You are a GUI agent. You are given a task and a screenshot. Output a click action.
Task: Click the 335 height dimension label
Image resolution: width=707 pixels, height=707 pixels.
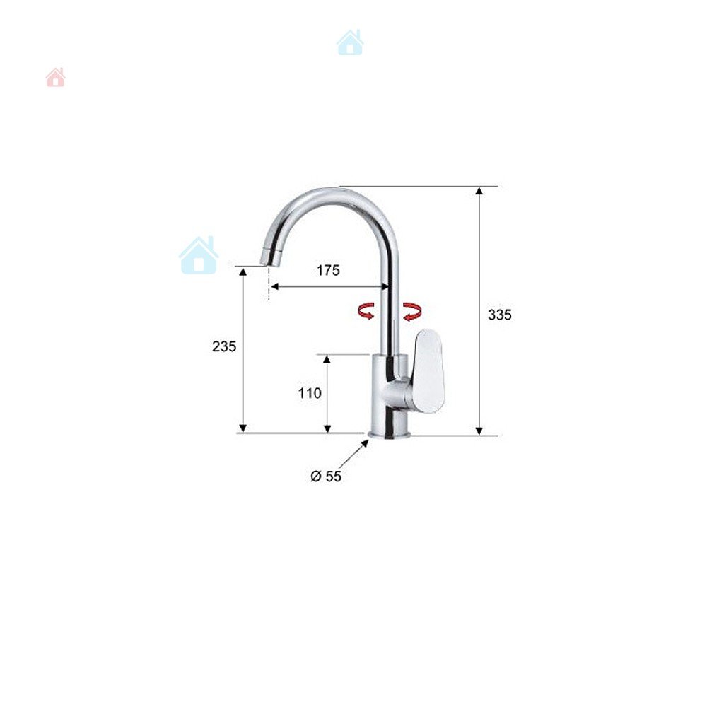[x=500, y=315]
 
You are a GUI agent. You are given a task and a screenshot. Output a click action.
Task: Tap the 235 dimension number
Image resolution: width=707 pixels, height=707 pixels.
[x=224, y=346]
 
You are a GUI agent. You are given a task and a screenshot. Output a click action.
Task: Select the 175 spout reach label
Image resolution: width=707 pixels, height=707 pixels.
[x=328, y=270]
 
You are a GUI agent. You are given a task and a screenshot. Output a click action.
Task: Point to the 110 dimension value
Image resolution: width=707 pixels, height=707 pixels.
[x=310, y=393]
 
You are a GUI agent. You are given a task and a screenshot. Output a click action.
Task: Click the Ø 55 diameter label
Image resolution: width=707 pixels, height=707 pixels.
[x=326, y=476]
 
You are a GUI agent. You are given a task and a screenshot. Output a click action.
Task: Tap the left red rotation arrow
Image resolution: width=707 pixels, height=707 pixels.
[x=366, y=310]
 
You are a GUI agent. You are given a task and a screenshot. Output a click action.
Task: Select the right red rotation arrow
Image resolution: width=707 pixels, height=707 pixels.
[x=413, y=312]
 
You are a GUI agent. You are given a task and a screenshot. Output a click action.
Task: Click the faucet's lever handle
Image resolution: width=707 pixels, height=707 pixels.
[x=429, y=370]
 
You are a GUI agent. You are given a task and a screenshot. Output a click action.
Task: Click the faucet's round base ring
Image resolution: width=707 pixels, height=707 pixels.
[x=390, y=434]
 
